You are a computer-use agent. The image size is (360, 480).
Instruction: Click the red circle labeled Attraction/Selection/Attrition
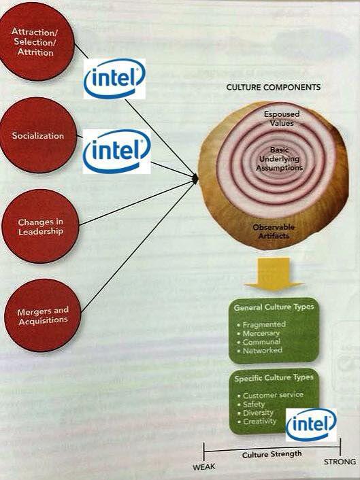tap(36, 41)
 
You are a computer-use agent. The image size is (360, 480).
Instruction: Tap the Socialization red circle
tap(38, 135)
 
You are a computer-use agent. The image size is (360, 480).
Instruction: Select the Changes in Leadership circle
tap(40, 226)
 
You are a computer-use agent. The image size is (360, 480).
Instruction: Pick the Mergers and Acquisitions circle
tap(43, 315)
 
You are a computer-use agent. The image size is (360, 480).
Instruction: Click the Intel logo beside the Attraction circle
tap(114, 79)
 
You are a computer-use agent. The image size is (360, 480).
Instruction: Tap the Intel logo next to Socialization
tap(116, 152)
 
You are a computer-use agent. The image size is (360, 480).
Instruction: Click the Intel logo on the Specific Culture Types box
tap(311, 425)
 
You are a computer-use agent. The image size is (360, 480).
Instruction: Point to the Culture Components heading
tap(274, 87)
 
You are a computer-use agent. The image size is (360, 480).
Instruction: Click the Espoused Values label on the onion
tap(282, 118)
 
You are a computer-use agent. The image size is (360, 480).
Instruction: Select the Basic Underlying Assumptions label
tap(280, 158)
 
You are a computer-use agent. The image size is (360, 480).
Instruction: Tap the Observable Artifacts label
tap(274, 231)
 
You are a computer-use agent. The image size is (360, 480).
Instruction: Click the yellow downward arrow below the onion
tap(274, 274)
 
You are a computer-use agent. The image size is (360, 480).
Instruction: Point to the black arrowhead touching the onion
tap(195, 178)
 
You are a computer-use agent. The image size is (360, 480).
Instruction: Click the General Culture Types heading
tap(274, 307)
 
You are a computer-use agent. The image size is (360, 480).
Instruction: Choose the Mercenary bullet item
tap(261, 332)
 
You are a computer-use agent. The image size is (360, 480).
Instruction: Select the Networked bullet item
tap(262, 350)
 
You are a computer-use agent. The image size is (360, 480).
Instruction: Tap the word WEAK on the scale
tap(203, 467)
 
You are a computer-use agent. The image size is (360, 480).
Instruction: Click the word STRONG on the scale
tap(340, 462)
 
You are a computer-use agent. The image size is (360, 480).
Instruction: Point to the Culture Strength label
tap(272, 454)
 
